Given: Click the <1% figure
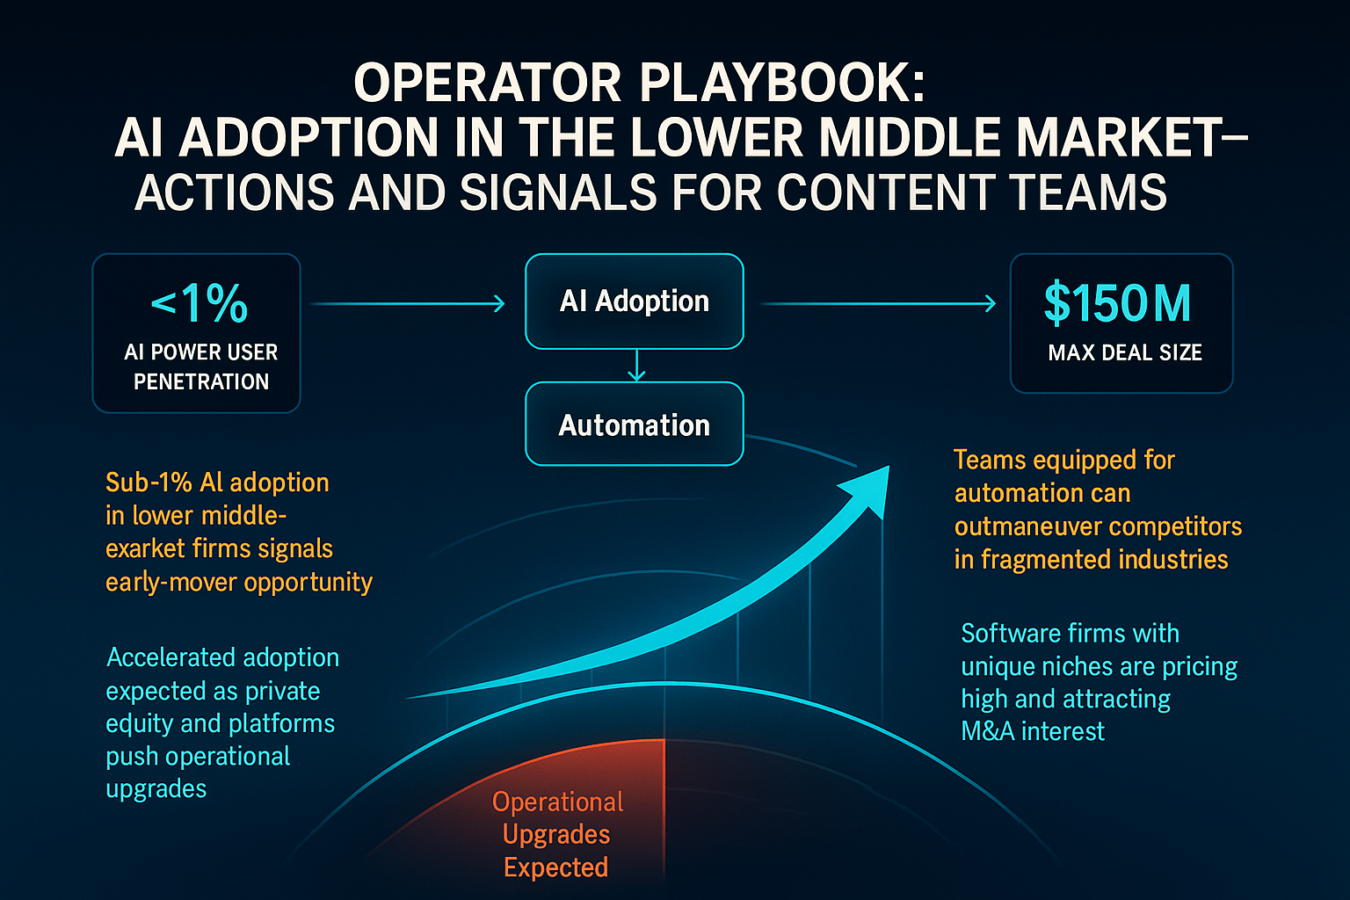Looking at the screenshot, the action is (x=199, y=303).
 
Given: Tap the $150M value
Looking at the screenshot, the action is (x=1118, y=303).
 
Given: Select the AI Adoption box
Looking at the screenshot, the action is (x=635, y=301).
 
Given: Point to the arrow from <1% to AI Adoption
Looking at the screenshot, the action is (x=408, y=304).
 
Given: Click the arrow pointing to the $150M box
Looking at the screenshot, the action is (x=879, y=304).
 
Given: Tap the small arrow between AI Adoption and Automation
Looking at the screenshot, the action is (x=636, y=366).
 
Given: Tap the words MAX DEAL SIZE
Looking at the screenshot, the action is (x=1125, y=352).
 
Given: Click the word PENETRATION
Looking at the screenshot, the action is (x=201, y=381).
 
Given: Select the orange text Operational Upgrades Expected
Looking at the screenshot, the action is (x=557, y=835).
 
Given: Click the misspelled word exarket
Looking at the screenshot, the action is (x=146, y=549).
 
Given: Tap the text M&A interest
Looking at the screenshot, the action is (x=1033, y=731).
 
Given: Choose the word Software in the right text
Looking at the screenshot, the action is (x=1007, y=634).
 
